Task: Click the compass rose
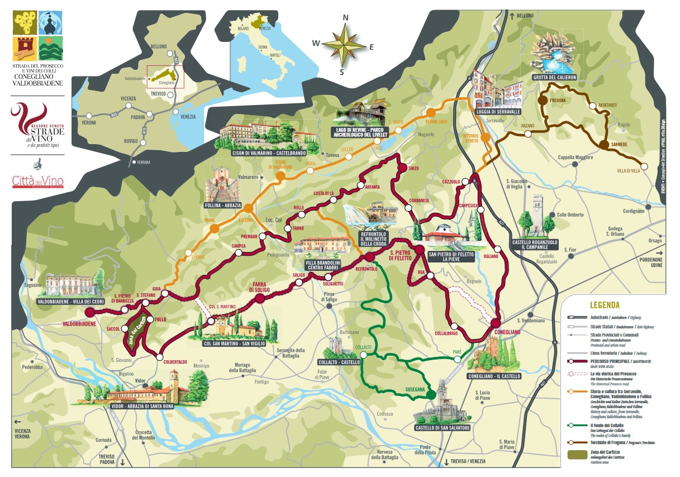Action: click(345, 44)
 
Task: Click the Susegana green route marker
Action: click(431, 395)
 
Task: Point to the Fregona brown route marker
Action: click(542, 101)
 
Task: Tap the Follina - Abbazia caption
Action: click(223, 206)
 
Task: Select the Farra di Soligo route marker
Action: click(260, 299)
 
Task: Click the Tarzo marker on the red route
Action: click(401, 168)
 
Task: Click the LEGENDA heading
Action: click(605, 305)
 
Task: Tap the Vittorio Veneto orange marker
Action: click(486, 137)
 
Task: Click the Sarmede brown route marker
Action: click(603, 145)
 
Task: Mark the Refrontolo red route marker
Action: click(369, 256)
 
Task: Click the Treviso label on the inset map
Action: click(159, 94)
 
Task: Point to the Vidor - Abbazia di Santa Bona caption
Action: click(142, 406)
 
